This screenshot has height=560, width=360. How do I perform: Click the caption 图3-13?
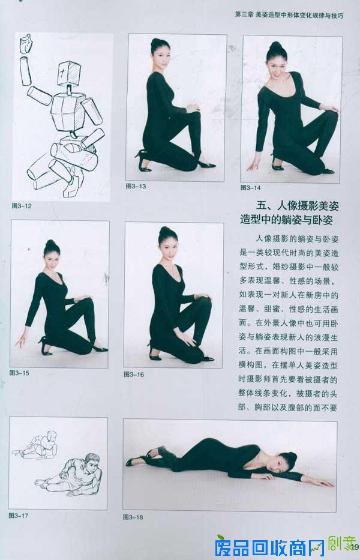[x=136, y=186]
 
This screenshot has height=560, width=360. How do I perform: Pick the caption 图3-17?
[x=19, y=515]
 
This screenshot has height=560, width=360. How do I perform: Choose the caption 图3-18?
[x=133, y=516]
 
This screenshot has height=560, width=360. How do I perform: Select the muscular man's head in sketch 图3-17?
[x=91, y=464]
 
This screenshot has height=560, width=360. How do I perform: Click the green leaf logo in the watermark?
[x=221, y=538]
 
